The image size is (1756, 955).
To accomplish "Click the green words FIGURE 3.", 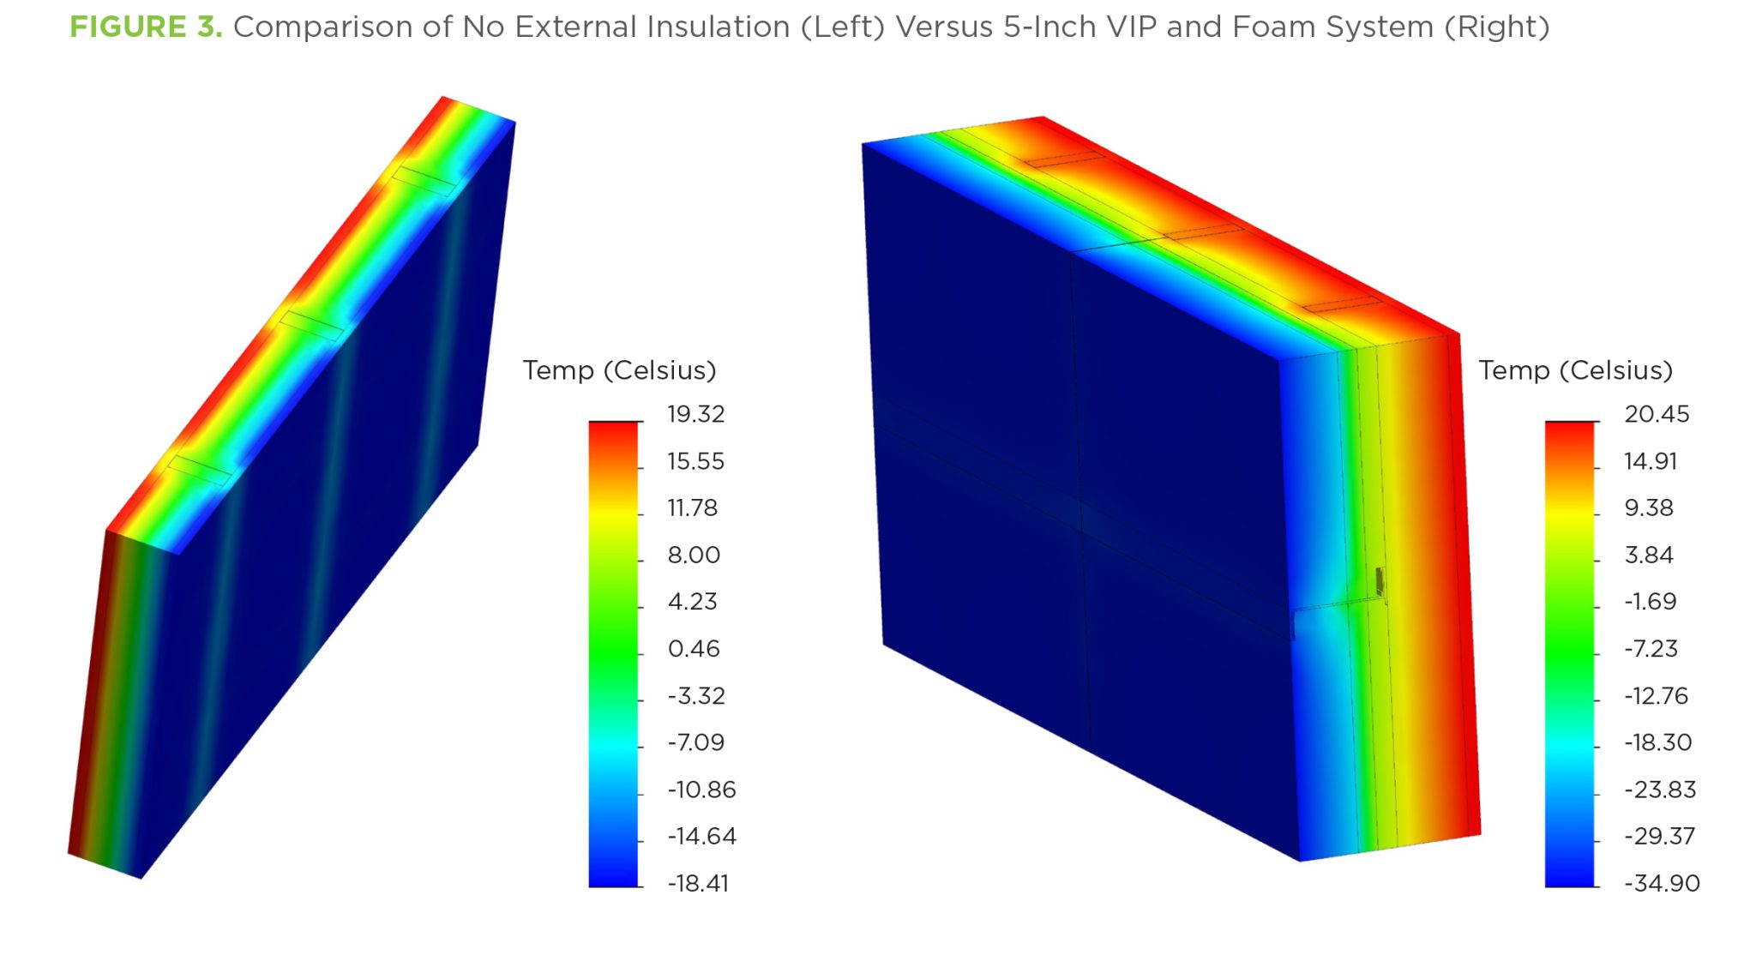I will pyautogui.click(x=146, y=27).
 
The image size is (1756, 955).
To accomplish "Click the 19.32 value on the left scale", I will pyautogui.click(x=695, y=415).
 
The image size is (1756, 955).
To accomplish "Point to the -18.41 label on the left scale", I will pyautogui.click(x=698, y=883).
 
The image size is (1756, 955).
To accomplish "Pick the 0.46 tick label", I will pyautogui.click(x=694, y=649).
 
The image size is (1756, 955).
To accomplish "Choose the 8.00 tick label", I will pyautogui.click(x=694, y=556).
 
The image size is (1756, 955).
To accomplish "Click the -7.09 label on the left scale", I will pyautogui.click(x=695, y=742).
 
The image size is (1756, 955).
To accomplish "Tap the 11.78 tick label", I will pyautogui.click(x=692, y=508).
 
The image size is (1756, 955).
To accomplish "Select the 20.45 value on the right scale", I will pyautogui.click(x=1657, y=415).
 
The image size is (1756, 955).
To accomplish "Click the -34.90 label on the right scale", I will pyautogui.click(x=1662, y=883).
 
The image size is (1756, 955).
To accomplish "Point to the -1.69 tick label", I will pyautogui.click(x=1650, y=602).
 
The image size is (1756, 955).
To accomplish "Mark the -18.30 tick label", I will pyautogui.click(x=1657, y=742).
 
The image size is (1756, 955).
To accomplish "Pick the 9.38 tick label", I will pyautogui.click(x=1649, y=508).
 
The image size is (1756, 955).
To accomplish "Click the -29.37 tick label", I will pyautogui.click(x=1659, y=836).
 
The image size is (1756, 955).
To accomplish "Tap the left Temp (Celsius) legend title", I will pyautogui.click(x=619, y=370).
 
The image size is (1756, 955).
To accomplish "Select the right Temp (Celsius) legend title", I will pyautogui.click(x=1575, y=370).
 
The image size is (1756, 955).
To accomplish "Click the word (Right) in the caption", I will pyautogui.click(x=1497, y=27).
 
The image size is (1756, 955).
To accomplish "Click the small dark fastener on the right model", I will pyautogui.click(x=1380, y=581).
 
